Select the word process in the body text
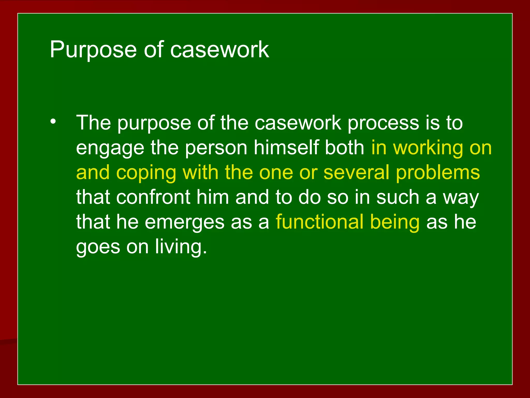click(x=383, y=123)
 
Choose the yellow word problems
click(x=438, y=173)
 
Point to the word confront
click(x=153, y=197)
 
